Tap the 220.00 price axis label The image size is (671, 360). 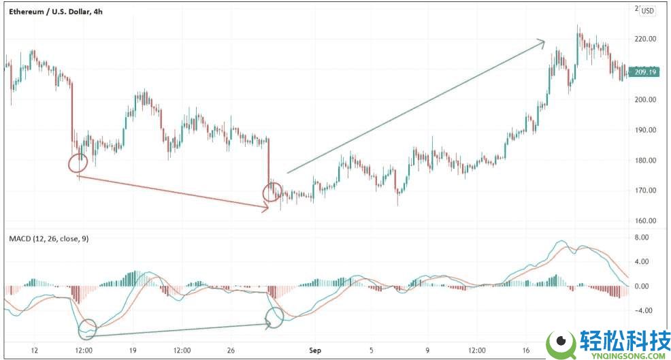click(644, 39)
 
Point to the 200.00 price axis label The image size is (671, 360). click(644, 100)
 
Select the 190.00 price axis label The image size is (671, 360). click(644, 130)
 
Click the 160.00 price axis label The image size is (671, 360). click(644, 221)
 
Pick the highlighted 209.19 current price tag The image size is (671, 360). click(644, 71)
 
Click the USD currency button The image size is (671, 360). click(647, 10)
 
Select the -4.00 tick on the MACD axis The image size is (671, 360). click(644, 311)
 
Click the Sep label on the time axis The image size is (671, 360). click(314, 351)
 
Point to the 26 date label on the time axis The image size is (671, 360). click(231, 351)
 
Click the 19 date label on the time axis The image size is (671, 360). click(133, 351)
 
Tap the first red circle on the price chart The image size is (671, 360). click(78, 163)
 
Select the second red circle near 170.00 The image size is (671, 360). click(272, 192)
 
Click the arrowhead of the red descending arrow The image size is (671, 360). click(266, 209)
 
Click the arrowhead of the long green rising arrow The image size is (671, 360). click(542, 42)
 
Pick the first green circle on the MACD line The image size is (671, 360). click(88, 329)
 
